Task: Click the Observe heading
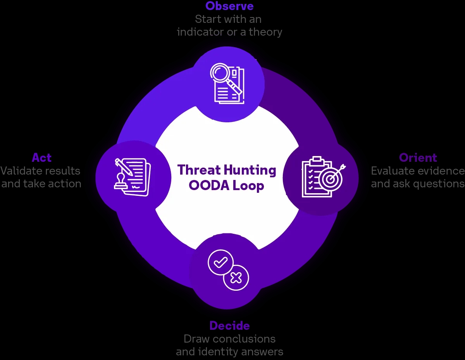229,6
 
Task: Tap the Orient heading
418,158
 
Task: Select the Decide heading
229,326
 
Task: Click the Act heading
41,158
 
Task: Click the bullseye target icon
331,179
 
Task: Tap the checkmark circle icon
220,262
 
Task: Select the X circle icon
236,278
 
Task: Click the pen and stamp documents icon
132,177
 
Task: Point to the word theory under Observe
265,32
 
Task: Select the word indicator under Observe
200,32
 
